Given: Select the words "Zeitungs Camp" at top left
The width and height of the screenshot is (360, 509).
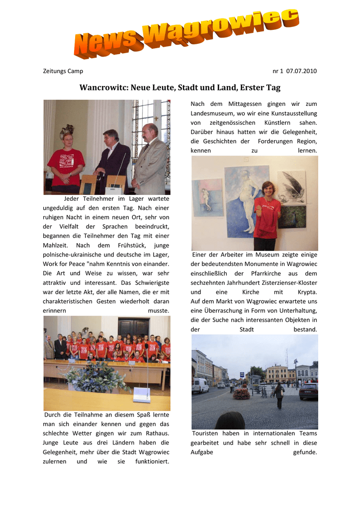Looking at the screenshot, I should [x=63, y=71].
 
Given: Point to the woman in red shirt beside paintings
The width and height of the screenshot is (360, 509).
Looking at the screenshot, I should [x=267, y=216].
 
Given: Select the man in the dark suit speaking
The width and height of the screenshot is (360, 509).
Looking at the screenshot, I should [x=113, y=159].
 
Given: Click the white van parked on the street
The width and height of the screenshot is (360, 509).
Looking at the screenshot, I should [x=200, y=385].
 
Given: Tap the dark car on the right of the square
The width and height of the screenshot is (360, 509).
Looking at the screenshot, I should [x=308, y=391].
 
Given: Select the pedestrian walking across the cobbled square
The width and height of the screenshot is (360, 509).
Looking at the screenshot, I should [x=279, y=395].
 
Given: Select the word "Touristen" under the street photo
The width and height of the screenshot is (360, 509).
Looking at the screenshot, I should [x=206, y=433].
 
